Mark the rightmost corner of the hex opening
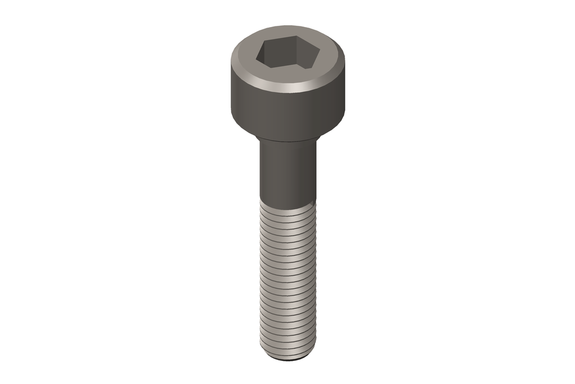pos(320,54)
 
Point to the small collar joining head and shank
pos(287,139)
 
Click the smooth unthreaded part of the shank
pos(287,171)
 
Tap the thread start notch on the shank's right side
pos(311,201)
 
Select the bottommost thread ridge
pos(287,351)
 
